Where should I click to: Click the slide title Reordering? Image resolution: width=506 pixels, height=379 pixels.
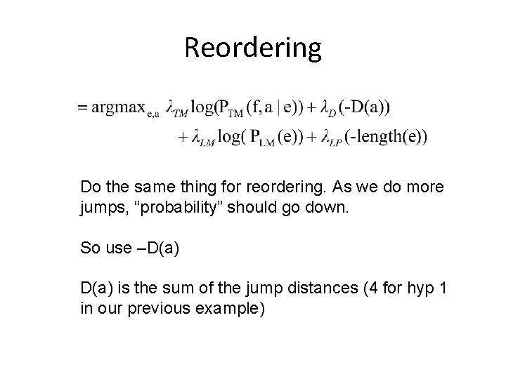253,48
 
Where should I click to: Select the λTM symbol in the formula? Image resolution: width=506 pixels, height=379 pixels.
179,109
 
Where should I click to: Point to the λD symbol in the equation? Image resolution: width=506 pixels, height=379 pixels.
327,109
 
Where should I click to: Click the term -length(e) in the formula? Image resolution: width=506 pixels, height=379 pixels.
386,136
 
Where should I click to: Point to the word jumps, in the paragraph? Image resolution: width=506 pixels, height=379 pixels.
100,208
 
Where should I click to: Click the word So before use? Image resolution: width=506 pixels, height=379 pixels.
89,248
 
